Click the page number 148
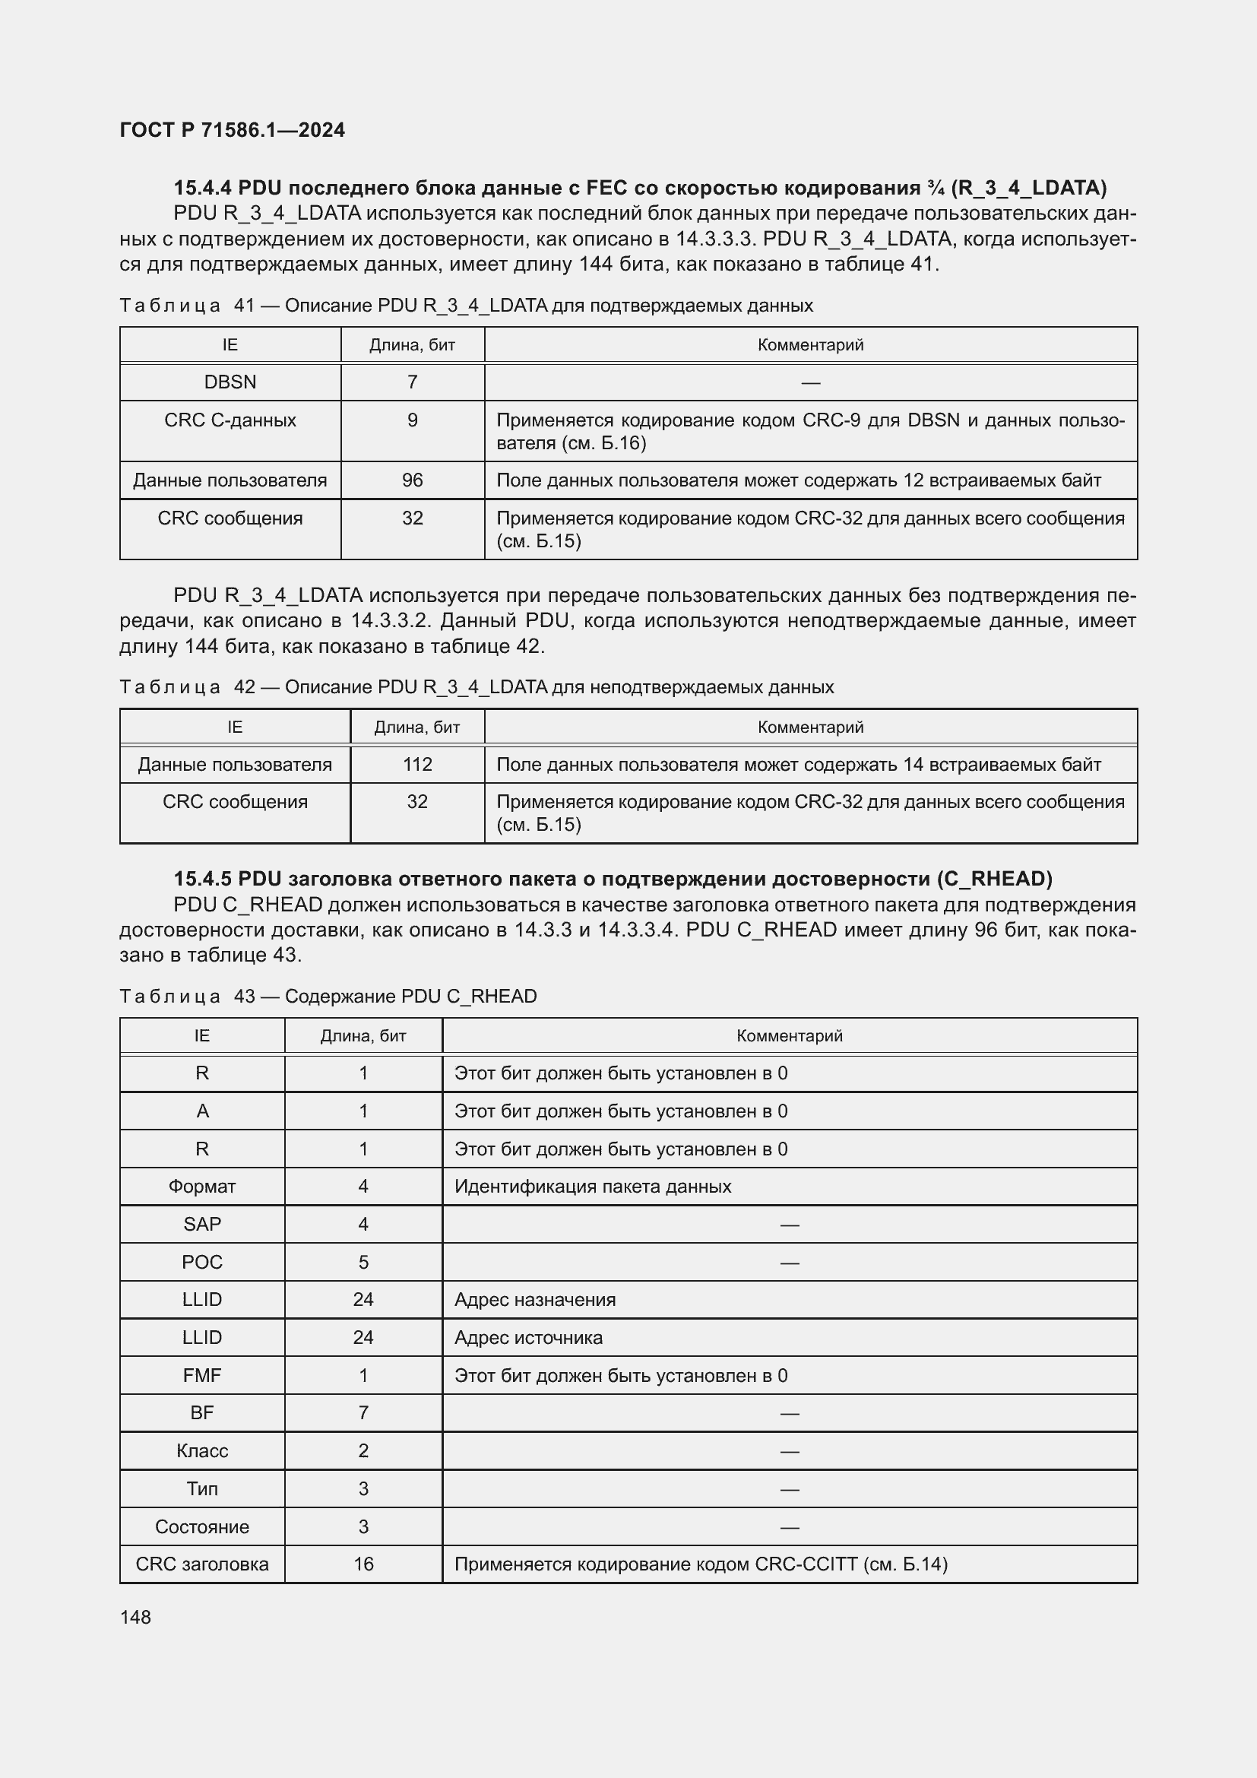click(135, 1617)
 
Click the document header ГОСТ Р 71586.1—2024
click(233, 130)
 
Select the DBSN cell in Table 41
click(230, 382)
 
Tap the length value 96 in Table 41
click(412, 480)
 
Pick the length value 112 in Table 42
click(417, 764)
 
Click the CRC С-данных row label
click(230, 420)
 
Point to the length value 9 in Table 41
click(412, 420)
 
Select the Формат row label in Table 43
click(202, 1187)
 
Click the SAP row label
click(202, 1225)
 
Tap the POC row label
click(202, 1263)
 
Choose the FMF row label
click(202, 1375)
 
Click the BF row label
click(202, 1412)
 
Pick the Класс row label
click(202, 1450)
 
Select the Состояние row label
click(202, 1526)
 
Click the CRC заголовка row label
click(202, 1564)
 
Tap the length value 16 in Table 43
click(363, 1564)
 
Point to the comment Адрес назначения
click(535, 1299)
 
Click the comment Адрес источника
click(528, 1337)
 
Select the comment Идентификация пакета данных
click(592, 1187)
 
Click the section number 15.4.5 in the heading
click(203, 879)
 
